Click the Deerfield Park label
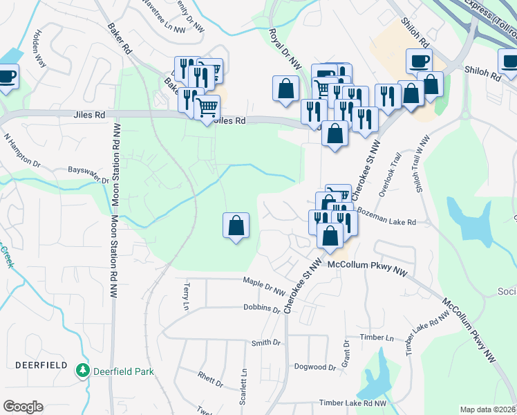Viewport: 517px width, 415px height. [124, 371]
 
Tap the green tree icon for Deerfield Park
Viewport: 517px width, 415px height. [84, 371]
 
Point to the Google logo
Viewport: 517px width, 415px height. [23, 407]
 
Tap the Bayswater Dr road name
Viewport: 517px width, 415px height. [88, 175]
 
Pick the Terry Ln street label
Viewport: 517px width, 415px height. [186, 296]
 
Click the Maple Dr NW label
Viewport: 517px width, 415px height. [264, 284]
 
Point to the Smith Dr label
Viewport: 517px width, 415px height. [266, 342]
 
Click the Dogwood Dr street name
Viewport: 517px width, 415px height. [314, 367]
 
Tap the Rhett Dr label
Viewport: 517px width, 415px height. [210, 379]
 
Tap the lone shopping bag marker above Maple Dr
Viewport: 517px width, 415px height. [236, 225]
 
